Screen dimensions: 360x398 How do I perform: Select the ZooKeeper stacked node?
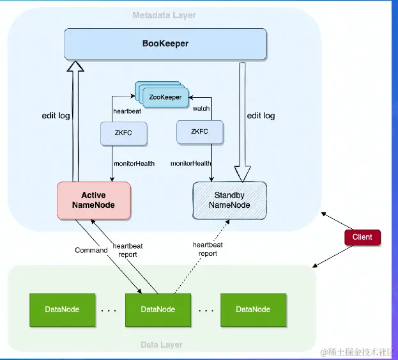[164, 98]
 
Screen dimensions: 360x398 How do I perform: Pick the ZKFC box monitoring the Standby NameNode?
[201, 132]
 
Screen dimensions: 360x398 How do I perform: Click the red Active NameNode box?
[94, 200]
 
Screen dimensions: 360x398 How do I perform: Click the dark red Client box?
[362, 237]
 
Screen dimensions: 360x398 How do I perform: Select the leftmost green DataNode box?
[62, 309]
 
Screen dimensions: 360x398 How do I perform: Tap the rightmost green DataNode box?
[253, 309]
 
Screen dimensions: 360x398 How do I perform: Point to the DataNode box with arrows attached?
[158, 309]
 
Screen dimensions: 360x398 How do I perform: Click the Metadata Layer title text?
[164, 15]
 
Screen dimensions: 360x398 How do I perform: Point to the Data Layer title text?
[162, 345]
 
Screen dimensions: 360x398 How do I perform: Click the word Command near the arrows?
[91, 250]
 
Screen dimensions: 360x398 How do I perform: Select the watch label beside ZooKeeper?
[201, 109]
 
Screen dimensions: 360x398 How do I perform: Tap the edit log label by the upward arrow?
[56, 116]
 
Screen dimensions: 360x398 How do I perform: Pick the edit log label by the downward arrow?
[260, 116]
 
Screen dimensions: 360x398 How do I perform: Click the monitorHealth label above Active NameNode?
[134, 164]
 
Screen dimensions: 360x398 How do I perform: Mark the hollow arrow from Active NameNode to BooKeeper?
[76, 121]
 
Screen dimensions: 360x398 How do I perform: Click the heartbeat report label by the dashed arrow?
[208, 249]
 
